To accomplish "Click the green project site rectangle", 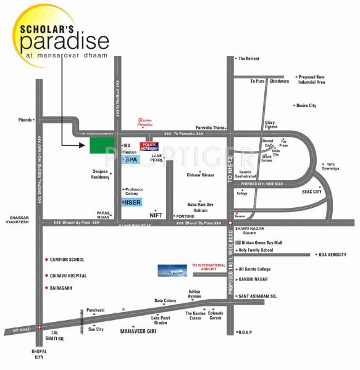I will coord(98,146).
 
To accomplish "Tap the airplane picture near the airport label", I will coord(172,270).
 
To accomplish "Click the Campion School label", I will coord(68,260).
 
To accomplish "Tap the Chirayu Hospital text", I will coord(69,276).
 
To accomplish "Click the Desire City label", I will coord(306,106).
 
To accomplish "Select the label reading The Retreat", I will coord(249,58).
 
